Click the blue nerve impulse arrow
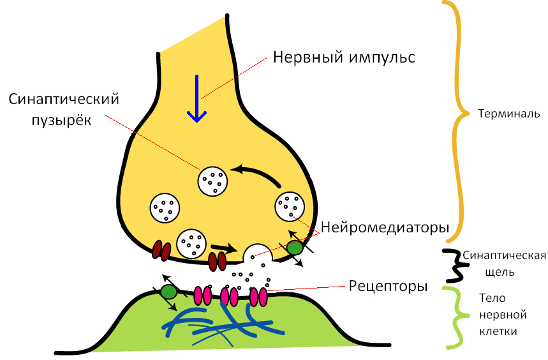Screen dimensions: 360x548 196,100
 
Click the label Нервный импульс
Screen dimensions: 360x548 344,57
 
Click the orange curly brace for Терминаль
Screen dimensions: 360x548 454,121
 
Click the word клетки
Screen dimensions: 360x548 497,332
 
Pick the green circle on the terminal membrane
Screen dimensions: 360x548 294,248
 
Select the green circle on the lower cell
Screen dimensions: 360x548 168,292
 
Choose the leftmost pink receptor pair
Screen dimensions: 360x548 202,296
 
